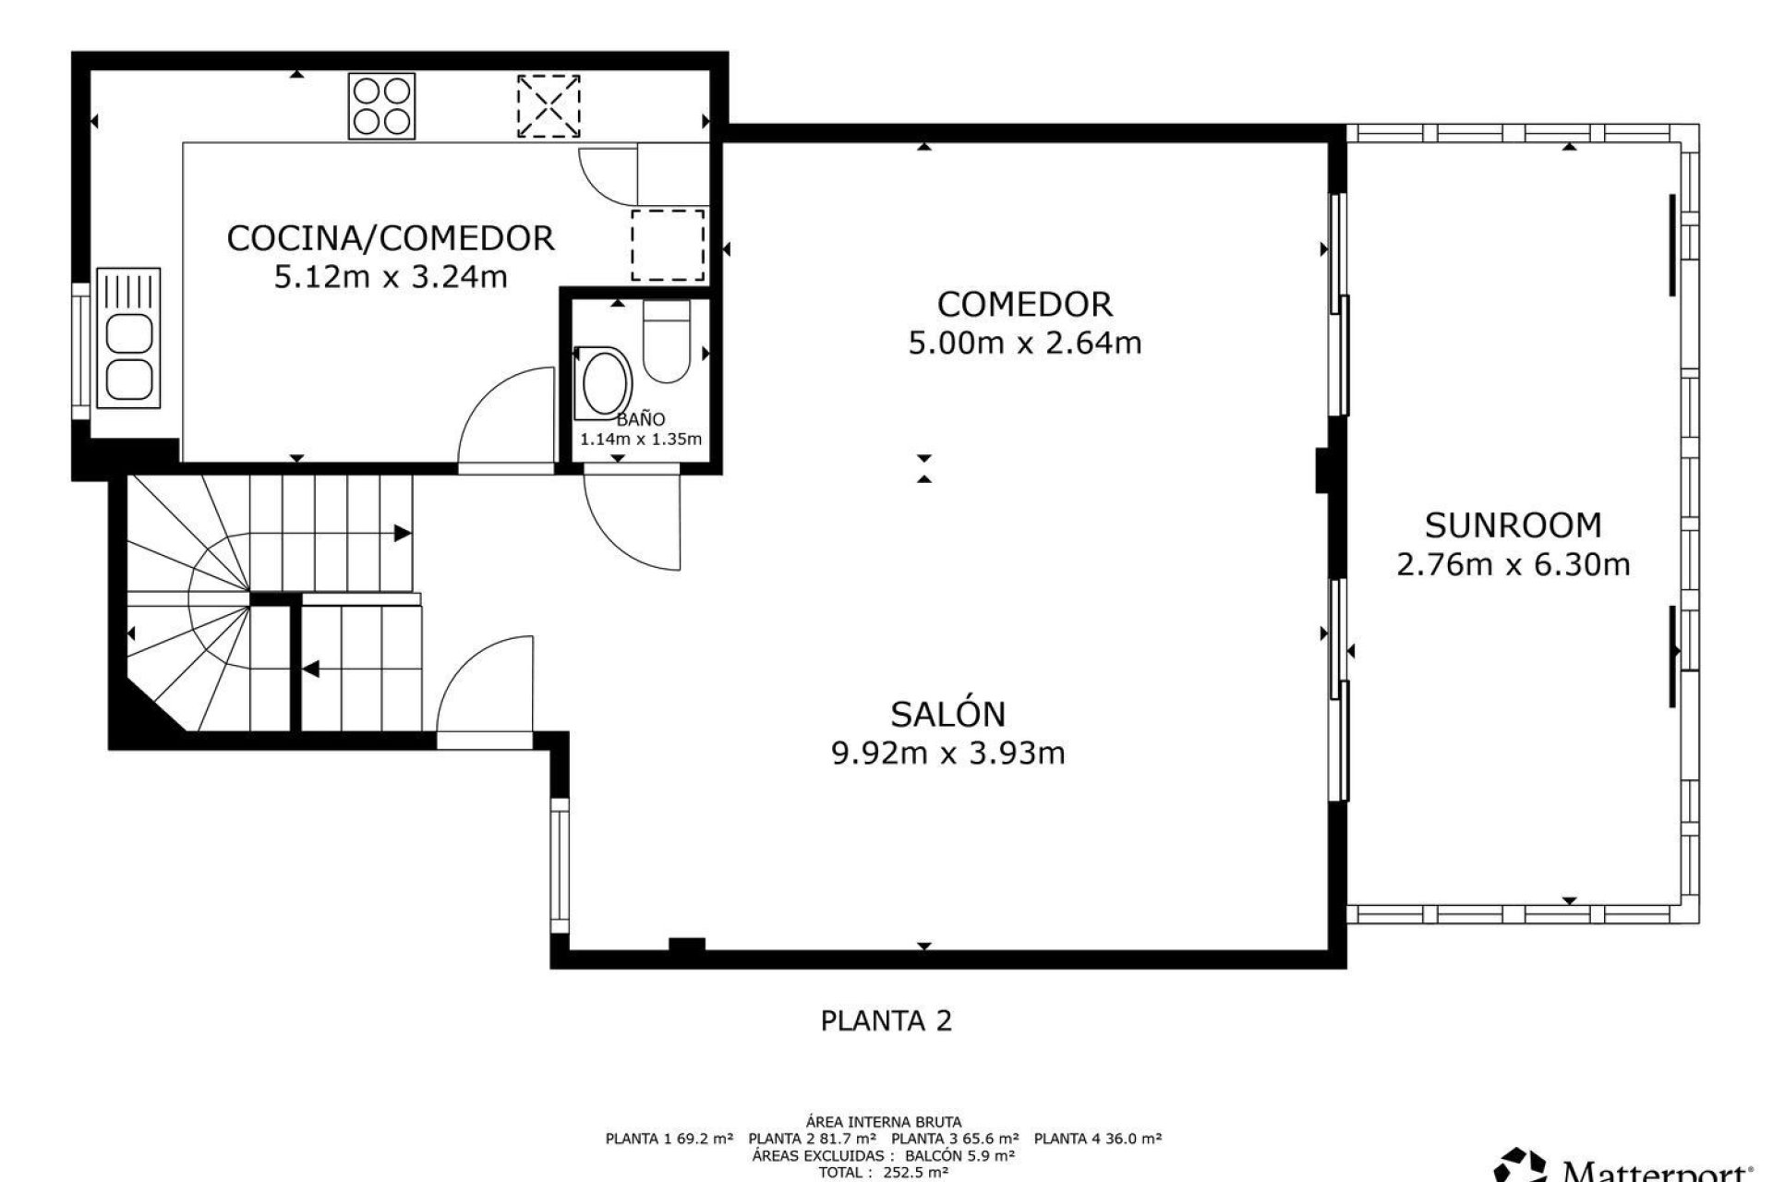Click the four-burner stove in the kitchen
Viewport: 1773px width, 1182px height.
coord(380,106)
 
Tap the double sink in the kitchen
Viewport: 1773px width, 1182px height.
coord(128,338)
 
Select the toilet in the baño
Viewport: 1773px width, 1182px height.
coord(667,341)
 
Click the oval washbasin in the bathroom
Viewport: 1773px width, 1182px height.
coord(601,382)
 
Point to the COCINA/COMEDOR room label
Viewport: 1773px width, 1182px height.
coord(391,238)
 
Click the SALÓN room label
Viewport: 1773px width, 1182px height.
coord(948,713)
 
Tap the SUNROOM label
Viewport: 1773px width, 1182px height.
coord(1513,525)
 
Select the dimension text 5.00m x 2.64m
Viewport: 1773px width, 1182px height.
coord(1025,344)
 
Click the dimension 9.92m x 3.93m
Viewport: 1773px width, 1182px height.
coord(948,754)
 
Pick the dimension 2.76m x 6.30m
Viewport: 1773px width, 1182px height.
coord(1513,564)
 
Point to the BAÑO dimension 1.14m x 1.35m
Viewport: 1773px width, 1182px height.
coord(641,440)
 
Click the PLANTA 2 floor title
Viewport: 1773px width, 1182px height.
coord(886,1020)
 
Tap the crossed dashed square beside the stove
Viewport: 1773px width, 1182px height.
coord(549,106)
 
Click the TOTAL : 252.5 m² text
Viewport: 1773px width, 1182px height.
coord(884,1173)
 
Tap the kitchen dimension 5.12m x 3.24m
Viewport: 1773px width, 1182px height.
coord(391,277)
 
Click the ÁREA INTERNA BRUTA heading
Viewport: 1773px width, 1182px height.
coord(884,1123)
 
